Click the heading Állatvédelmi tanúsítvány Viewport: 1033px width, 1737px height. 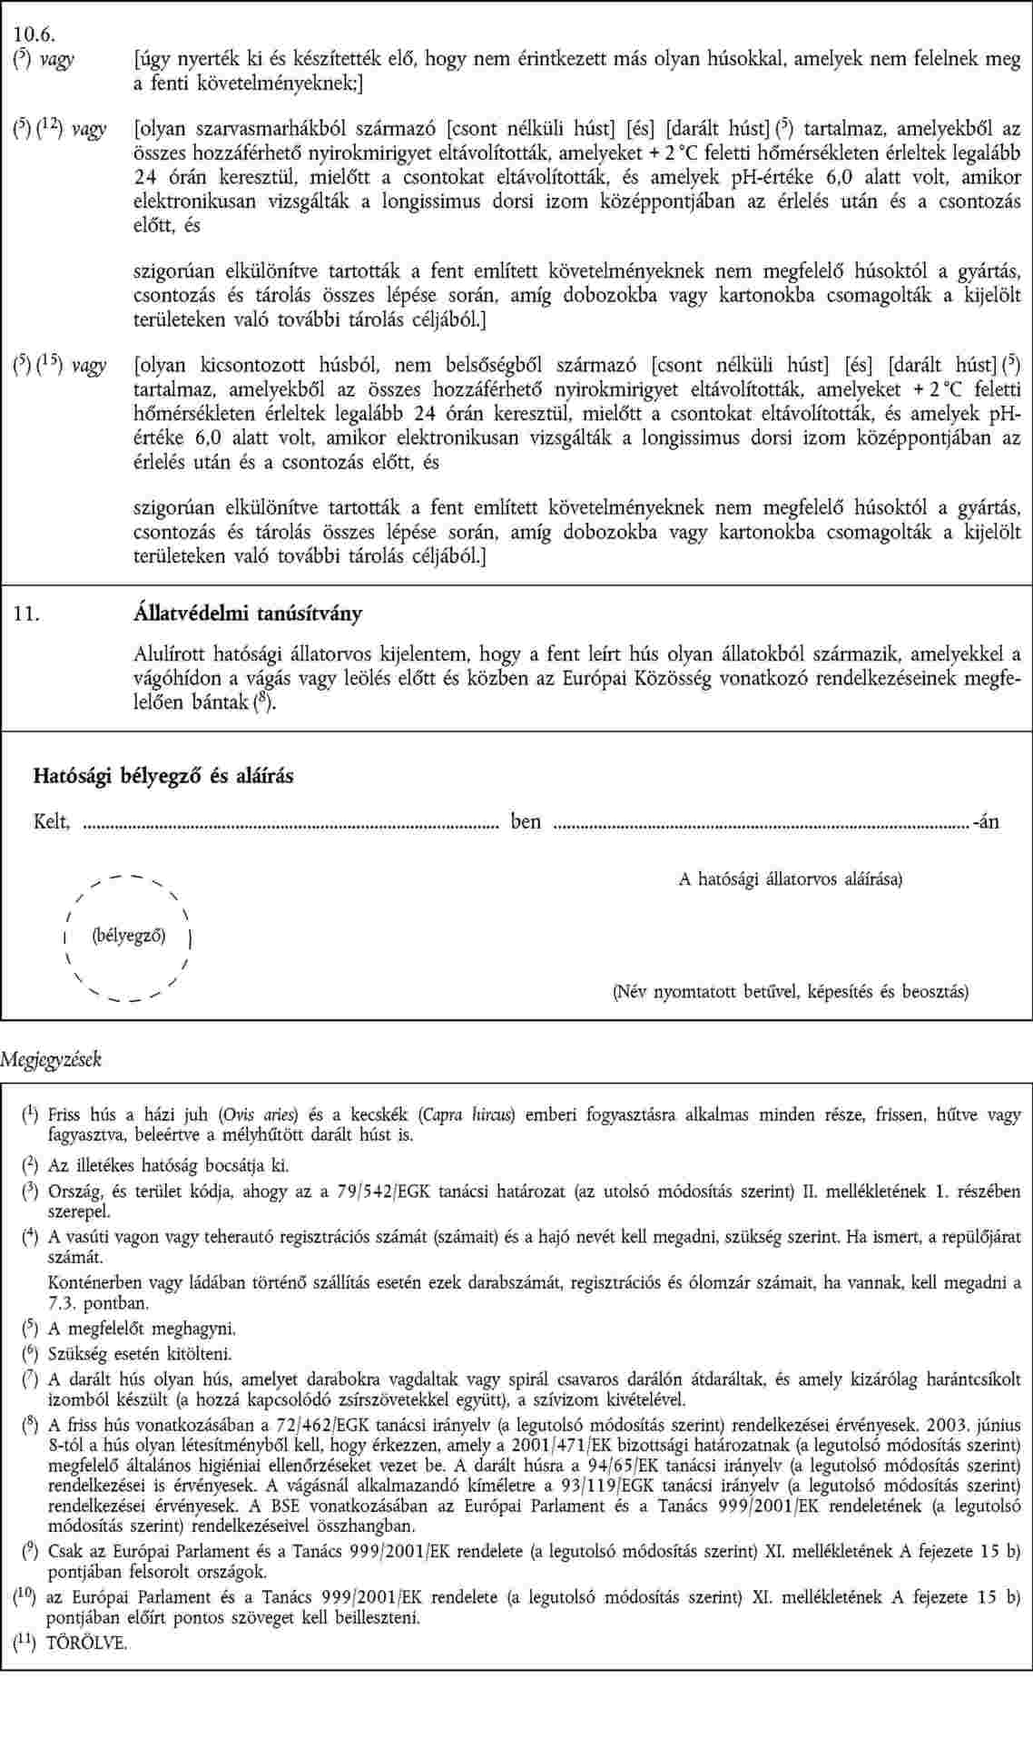tap(247, 613)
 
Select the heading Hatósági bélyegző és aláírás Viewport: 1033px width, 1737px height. tap(163, 776)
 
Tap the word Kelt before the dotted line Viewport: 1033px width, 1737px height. tap(51, 822)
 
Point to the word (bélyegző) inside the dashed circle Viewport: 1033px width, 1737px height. tap(129, 934)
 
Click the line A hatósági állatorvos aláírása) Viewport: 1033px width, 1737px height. tap(791, 878)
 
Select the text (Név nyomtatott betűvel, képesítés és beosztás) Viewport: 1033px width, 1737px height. tap(790, 991)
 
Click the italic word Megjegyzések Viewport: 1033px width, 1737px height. tap(51, 1059)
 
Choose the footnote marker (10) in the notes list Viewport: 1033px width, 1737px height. tap(24, 1598)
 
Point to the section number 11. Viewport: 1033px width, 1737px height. tap(25, 613)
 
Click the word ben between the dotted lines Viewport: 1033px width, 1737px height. tap(526, 822)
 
